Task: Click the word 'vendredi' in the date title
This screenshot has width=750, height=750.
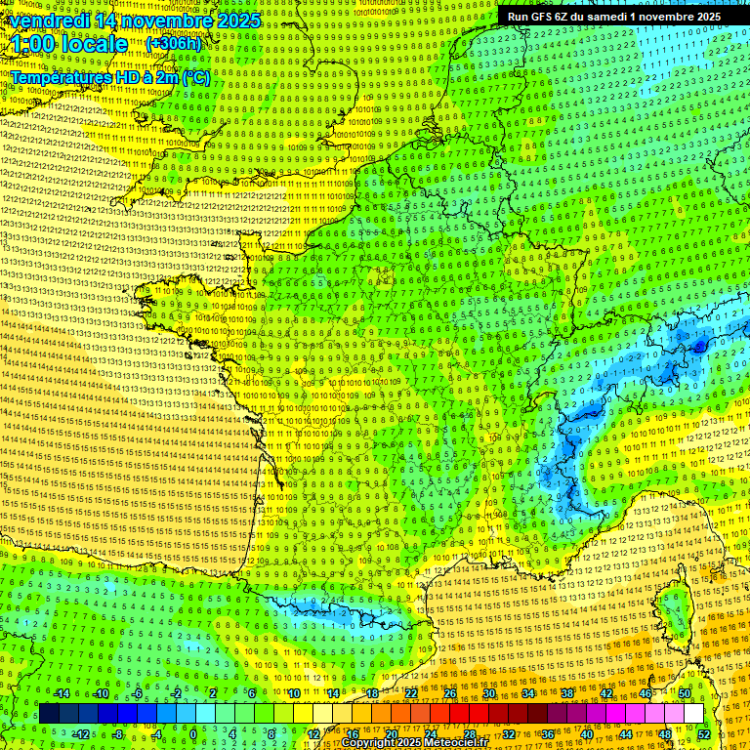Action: [47, 21]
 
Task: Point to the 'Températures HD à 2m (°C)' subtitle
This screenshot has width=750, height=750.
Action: [109, 77]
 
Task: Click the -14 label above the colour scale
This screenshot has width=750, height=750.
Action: [61, 693]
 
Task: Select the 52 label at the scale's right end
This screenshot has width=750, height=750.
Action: [704, 733]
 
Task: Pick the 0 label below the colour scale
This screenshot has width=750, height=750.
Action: [194, 733]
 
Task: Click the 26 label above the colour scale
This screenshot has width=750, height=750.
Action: [450, 693]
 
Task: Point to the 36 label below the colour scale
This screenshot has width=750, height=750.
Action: [547, 733]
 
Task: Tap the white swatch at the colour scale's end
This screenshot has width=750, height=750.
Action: [693, 714]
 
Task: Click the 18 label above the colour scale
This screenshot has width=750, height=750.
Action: [372, 693]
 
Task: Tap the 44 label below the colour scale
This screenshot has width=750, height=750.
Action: [625, 733]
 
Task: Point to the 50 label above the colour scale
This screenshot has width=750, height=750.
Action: [685, 693]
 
